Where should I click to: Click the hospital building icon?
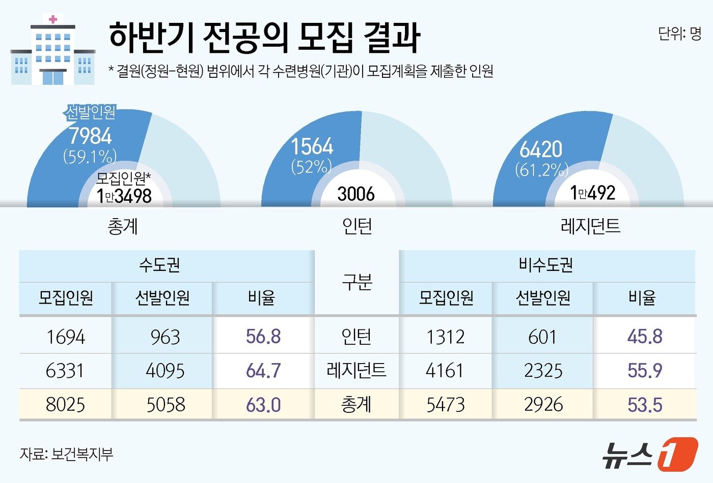pos(52,51)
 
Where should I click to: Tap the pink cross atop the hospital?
pos(52,19)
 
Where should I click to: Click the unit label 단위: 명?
pos(679,34)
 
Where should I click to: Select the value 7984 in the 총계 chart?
pos(90,136)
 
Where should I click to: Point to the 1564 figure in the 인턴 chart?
pos(312,146)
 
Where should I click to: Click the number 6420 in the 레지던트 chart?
pos(541,149)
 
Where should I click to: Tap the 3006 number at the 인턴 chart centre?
pos(356,194)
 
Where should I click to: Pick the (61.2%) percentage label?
pos(541,169)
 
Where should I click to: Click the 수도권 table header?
pos(159,265)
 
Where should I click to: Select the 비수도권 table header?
pos(546,265)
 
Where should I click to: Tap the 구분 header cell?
pos(356,282)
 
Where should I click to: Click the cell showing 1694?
pos(65,337)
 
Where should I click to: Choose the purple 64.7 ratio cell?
pos(263,371)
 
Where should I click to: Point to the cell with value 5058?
pos(166,405)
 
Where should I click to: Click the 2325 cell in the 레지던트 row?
pos(543,371)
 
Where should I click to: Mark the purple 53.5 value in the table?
pos(645,405)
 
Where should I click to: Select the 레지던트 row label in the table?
pos(356,371)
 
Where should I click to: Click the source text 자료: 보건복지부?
pos(66,454)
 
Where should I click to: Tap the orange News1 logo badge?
pos(677,454)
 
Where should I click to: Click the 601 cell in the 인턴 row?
pos(543,337)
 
